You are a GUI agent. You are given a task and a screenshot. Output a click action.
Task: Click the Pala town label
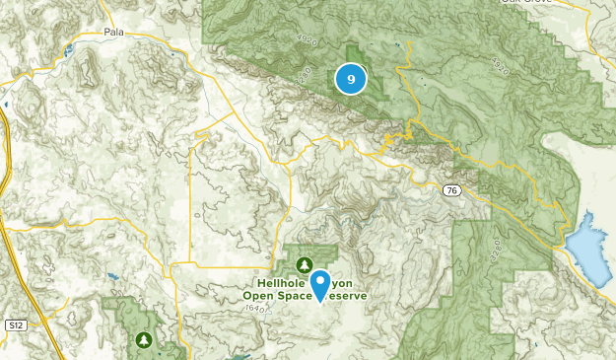tap(115, 33)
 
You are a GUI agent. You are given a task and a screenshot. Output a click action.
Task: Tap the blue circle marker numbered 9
tap(351, 78)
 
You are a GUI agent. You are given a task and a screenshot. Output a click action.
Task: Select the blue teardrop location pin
tap(321, 284)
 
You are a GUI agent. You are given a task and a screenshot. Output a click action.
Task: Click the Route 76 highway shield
tap(451, 193)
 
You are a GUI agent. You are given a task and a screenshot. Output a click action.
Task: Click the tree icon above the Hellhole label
tap(306, 264)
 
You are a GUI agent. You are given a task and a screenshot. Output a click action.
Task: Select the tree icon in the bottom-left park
tap(145, 339)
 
